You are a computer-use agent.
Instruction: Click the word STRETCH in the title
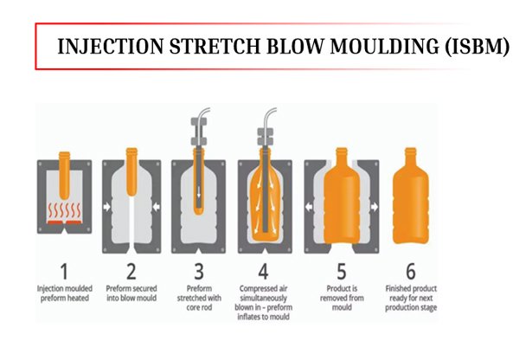(x=215, y=46)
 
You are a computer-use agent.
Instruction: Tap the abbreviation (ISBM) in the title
(x=477, y=47)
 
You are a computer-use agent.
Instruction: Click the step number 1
(x=65, y=271)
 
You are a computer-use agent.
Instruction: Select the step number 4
(x=263, y=271)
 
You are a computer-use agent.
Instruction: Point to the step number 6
(x=411, y=271)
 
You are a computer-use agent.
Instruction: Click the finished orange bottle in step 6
(x=411, y=196)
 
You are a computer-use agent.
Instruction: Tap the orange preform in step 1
(x=65, y=175)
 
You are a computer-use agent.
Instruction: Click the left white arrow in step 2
(x=107, y=207)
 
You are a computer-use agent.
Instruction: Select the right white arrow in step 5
(x=375, y=207)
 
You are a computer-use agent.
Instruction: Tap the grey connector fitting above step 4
(x=265, y=137)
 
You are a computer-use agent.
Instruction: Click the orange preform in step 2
(x=131, y=172)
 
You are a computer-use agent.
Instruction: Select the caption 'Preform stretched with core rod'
(x=199, y=298)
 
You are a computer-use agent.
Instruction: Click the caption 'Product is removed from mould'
(x=342, y=298)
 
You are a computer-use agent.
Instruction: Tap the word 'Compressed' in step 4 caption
(x=254, y=289)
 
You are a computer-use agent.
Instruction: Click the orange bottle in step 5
(x=342, y=196)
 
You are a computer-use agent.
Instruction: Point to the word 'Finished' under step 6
(x=396, y=289)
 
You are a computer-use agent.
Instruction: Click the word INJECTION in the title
(x=111, y=46)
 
